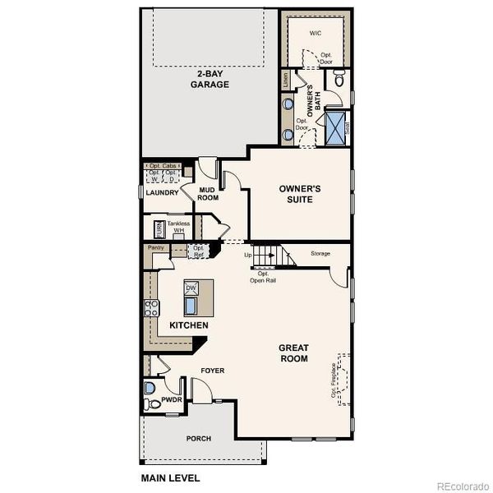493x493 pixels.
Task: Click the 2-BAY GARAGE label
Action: pos(210,79)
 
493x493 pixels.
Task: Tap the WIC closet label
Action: pos(315,34)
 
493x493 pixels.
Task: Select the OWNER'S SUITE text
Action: pos(300,193)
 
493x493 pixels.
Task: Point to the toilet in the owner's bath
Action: pos(339,80)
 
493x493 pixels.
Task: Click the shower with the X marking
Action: pos(336,127)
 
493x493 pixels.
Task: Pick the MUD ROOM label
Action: pos(208,194)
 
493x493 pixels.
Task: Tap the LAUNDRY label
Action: pos(161,193)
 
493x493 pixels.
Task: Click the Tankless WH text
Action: pos(178,227)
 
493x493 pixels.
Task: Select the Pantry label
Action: pos(156,246)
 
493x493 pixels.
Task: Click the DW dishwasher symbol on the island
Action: pos(191,288)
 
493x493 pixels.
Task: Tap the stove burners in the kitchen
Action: pos(152,308)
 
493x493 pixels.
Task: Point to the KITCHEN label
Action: pos(188,326)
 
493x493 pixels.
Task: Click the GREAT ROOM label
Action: pos(293,353)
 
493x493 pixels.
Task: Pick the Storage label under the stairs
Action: pos(320,253)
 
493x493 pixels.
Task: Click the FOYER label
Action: pos(213,371)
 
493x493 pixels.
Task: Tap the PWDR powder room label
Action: pos(171,400)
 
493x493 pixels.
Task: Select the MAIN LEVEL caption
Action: pos(171,477)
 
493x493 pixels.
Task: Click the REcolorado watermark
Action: pos(462,483)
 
